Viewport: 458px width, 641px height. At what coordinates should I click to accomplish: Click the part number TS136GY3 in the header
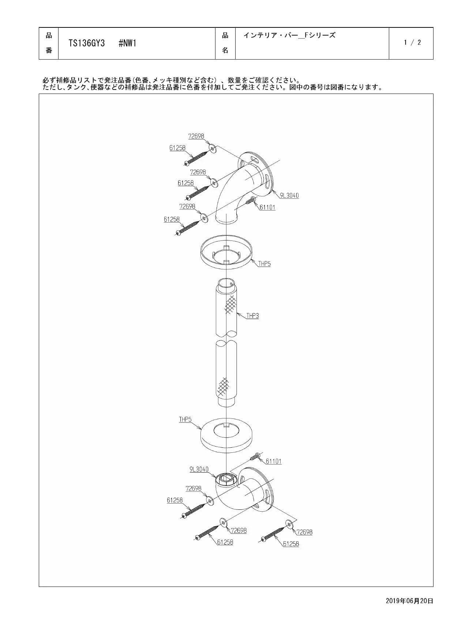(87, 43)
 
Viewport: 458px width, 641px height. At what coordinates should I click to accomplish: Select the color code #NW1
(128, 43)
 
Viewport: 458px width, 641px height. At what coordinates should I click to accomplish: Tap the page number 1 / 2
(412, 42)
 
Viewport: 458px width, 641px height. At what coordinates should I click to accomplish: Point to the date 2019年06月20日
(409, 600)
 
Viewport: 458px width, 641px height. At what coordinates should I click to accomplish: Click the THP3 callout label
(252, 315)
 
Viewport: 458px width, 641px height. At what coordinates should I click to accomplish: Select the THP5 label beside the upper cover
(264, 263)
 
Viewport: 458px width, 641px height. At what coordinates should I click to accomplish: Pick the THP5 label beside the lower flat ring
(185, 419)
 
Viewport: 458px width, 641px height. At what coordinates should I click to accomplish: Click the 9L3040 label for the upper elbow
(289, 195)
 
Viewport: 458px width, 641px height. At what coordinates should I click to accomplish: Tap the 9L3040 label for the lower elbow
(199, 469)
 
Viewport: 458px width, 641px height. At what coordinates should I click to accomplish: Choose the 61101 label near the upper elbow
(267, 207)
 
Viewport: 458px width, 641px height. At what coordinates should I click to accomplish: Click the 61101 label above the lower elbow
(274, 461)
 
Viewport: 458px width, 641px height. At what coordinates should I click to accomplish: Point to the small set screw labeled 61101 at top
(251, 200)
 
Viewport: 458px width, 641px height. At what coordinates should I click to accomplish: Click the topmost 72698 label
(196, 136)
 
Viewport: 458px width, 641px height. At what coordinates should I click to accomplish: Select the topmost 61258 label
(177, 148)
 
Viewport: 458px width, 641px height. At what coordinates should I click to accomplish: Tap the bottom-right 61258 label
(291, 544)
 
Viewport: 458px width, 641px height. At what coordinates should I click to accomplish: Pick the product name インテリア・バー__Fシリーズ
(289, 35)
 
